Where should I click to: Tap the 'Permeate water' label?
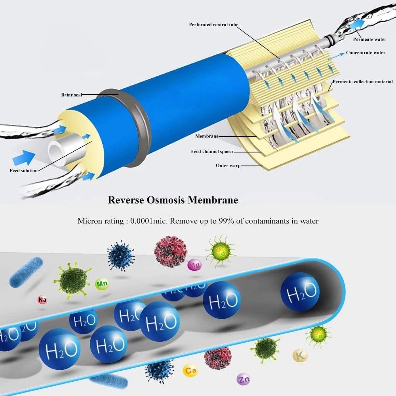point(369,39)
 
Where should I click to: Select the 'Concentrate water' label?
point(366,53)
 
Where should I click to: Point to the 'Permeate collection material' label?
point(363,82)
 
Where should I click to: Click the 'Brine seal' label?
point(72,95)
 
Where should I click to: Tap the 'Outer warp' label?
point(228,166)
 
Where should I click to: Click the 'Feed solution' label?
point(24,171)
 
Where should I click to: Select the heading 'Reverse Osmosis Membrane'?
point(173,200)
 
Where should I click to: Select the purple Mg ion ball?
point(194,265)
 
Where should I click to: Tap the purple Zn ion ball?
point(243,379)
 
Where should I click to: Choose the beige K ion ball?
point(300,356)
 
